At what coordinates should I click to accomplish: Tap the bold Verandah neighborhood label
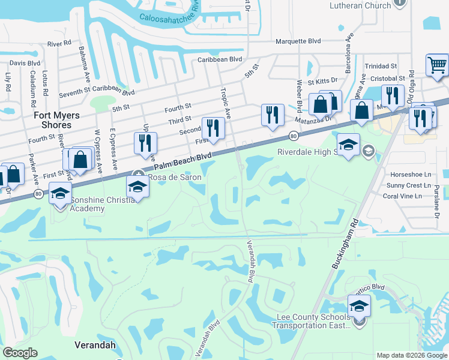click(94, 345)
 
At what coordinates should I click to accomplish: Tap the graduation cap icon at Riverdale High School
click(349, 145)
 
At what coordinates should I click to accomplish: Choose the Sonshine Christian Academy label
click(87, 204)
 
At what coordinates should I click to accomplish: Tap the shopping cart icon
click(438, 64)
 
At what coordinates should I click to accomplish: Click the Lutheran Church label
click(360, 5)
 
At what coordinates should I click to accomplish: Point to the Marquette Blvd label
click(298, 41)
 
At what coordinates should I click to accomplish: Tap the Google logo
click(20, 353)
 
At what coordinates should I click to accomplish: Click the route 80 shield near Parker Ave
click(38, 194)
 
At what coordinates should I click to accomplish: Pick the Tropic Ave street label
click(226, 103)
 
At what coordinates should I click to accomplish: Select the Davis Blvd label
click(25, 63)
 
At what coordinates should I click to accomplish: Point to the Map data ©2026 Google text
click(411, 355)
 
